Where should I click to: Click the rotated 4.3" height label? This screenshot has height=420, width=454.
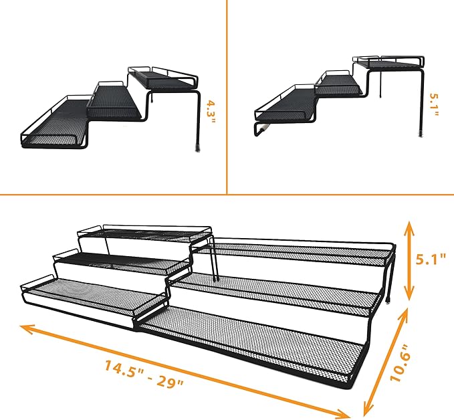(x=211, y=108)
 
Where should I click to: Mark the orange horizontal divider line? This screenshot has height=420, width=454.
(x=227, y=195)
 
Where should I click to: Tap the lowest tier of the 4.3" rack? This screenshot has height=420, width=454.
(x=53, y=127)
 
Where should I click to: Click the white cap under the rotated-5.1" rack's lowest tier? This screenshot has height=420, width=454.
(x=265, y=125)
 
